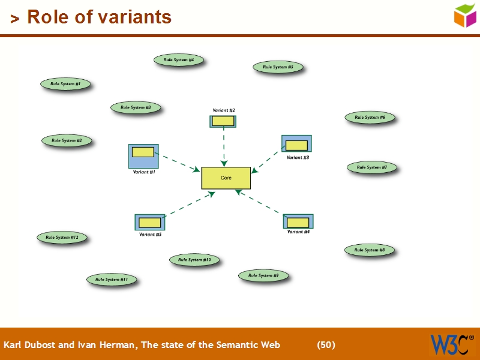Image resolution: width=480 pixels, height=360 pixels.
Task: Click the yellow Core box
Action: click(226, 178)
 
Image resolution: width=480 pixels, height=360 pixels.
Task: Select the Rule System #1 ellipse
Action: click(65, 84)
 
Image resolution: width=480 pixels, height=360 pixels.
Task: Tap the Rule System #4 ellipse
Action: click(179, 60)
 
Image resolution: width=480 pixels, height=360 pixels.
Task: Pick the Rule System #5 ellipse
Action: click(278, 67)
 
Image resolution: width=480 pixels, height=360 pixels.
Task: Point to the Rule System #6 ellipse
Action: click(370, 118)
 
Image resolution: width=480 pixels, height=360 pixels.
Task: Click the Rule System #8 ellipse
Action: click(370, 250)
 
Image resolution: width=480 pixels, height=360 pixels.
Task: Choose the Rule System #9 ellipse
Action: click(263, 275)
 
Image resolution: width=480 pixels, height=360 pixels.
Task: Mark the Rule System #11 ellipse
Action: click(112, 280)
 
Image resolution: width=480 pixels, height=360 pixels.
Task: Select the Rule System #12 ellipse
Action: click(62, 238)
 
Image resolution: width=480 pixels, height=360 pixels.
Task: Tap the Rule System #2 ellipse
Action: click(67, 140)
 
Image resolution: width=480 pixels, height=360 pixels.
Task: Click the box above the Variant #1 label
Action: click(143, 156)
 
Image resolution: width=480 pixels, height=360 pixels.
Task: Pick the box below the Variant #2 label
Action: click(223, 121)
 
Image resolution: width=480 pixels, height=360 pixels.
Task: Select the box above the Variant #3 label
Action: click(296, 144)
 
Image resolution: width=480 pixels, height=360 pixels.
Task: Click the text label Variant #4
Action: click(298, 232)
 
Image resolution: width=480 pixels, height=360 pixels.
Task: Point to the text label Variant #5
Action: click(150, 235)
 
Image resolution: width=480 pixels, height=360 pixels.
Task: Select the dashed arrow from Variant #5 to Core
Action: click(189, 204)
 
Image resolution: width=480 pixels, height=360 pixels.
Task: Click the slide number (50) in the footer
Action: click(326, 345)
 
